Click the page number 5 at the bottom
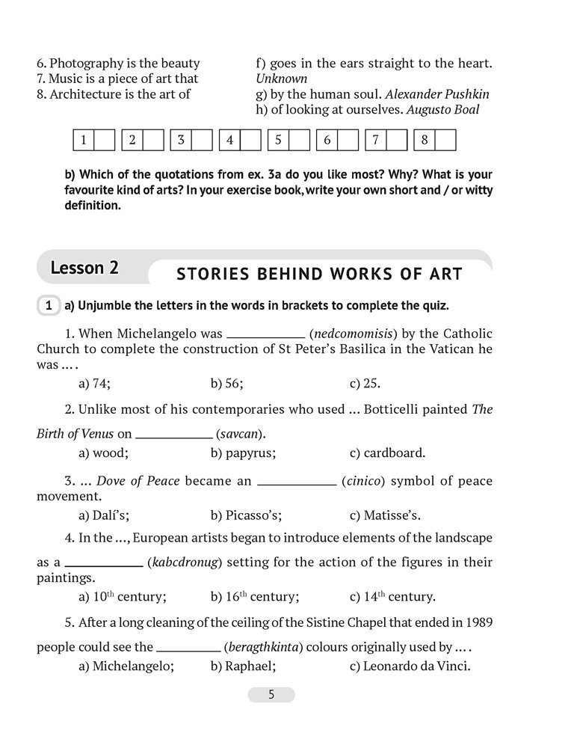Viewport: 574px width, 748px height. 271,695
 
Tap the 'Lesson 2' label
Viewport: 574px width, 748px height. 84,268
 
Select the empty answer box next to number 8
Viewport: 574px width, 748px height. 445,140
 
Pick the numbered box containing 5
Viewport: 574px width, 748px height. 277,140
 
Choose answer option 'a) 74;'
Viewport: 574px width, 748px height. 94,383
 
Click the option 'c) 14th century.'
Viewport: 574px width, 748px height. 392,596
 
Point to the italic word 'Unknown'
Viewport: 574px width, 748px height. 282,78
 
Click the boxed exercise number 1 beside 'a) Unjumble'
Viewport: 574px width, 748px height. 48,304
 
